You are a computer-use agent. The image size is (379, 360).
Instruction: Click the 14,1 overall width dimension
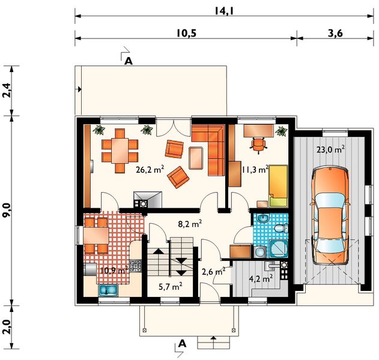pos(224,11)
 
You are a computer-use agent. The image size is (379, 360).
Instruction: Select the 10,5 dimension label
pos(186,34)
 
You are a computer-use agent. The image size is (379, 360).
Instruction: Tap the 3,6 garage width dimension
pos(335,33)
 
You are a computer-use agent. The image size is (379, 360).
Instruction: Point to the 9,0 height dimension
pos(7,210)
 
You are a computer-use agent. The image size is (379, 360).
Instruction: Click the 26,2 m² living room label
pos(150,169)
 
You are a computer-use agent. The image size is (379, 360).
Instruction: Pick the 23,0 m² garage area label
pos(330,149)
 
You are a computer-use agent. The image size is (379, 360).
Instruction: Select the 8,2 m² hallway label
pos(190,224)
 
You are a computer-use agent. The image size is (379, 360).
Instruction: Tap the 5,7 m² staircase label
pos(170,287)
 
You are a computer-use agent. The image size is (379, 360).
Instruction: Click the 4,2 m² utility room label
pos(261,278)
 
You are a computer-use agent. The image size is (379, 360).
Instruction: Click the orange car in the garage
pos(330,215)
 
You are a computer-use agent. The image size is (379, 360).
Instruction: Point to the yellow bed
pos(279,186)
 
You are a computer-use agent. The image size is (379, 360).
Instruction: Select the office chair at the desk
pos(258,145)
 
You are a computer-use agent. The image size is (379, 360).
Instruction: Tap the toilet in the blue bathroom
pos(281,228)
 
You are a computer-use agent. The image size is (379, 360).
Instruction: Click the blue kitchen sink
pos(108,289)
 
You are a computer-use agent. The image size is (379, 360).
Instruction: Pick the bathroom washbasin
pos(262,218)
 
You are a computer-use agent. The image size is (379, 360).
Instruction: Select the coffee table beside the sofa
pos(196,158)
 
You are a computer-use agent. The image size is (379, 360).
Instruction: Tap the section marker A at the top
pos(129,61)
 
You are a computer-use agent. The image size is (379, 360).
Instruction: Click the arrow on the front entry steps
pos(213,341)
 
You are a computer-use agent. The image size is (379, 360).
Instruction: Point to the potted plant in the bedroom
pos(281,131)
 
